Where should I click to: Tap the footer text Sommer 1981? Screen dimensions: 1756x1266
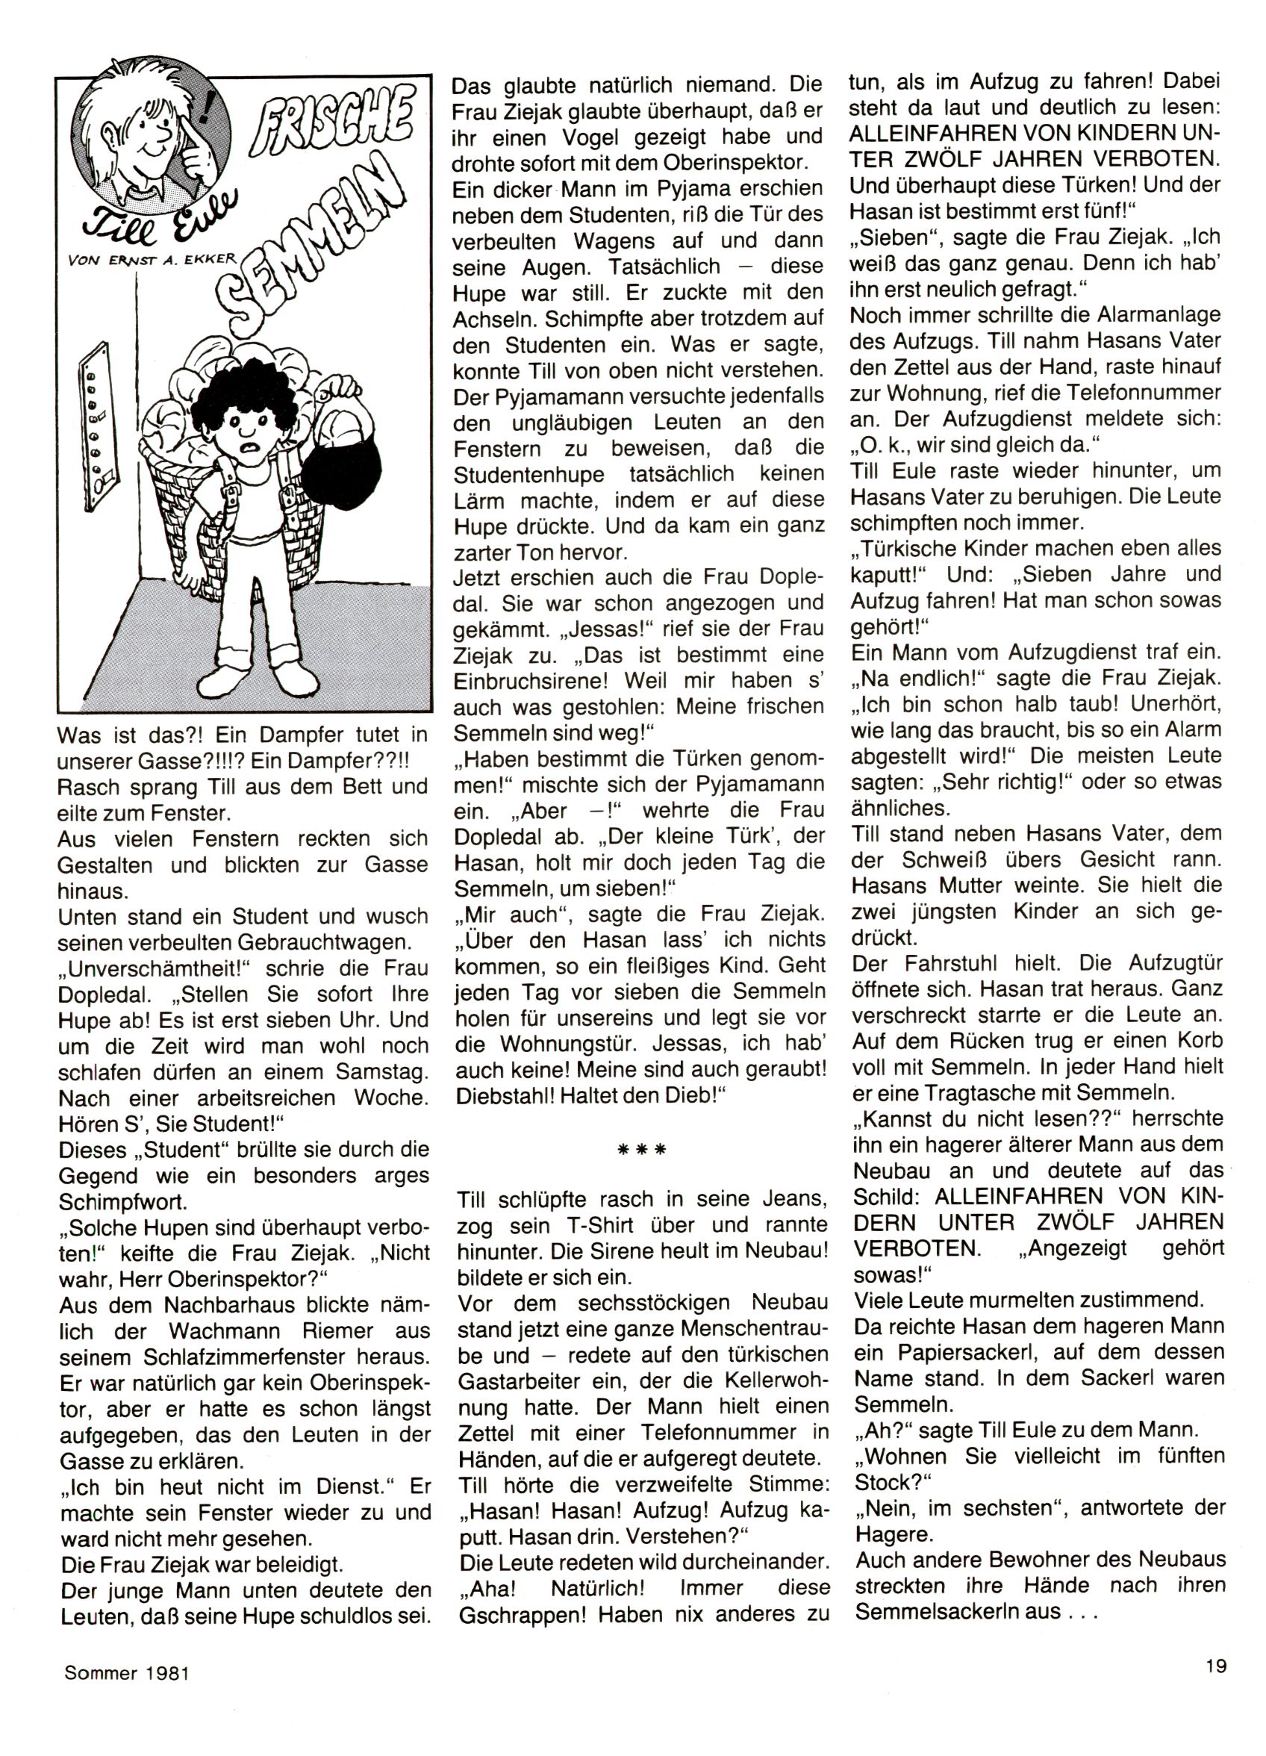click(x=127, y=1672)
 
